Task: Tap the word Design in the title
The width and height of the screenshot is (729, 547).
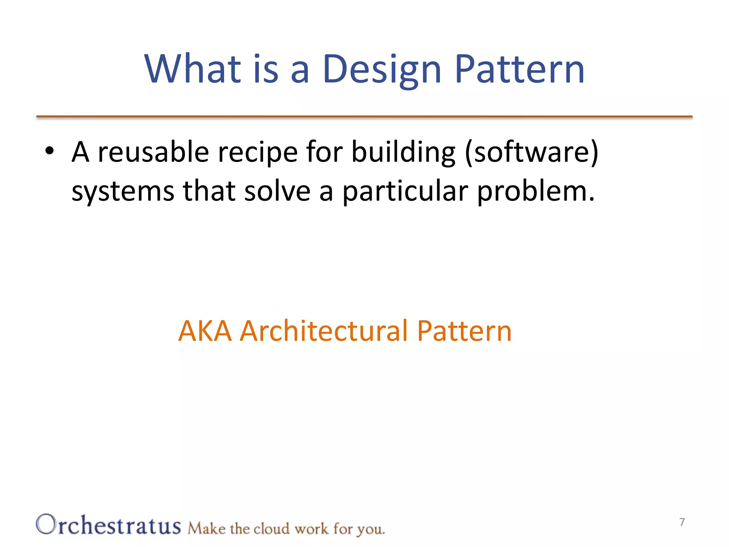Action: [382, 69]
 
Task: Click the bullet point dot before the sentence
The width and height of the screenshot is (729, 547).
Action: [49, 151]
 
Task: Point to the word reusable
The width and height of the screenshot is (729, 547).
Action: [153, 152]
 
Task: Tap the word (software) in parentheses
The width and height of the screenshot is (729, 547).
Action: [532, 152]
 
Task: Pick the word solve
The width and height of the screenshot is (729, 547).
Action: [277, 191]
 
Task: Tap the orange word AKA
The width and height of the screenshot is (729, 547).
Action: [205, 331]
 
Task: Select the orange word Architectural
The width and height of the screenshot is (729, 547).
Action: [324, 331]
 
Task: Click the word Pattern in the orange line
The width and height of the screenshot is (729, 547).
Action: [464, 331]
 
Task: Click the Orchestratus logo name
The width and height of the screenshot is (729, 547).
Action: [109, 525]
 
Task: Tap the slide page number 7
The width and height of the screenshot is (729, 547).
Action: [682, 522]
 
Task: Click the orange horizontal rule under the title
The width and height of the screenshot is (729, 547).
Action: [364, 116]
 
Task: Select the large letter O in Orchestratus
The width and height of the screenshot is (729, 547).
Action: [46, 524]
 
